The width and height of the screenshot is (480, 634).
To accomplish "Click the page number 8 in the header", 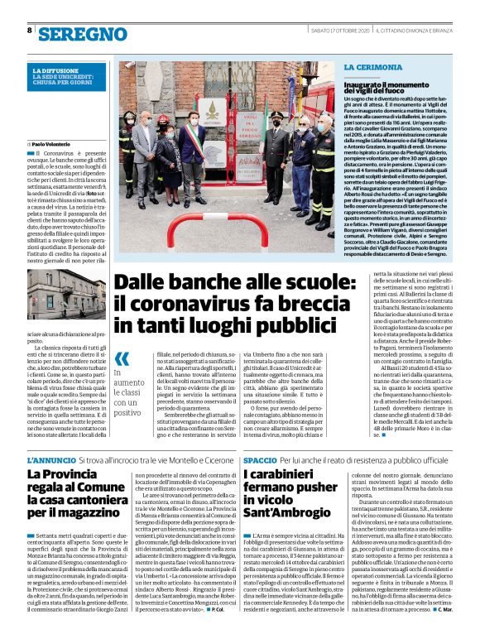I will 30,30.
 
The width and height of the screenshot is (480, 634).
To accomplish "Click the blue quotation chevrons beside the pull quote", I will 122,358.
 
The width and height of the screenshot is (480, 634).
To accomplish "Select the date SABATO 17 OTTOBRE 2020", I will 340,30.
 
